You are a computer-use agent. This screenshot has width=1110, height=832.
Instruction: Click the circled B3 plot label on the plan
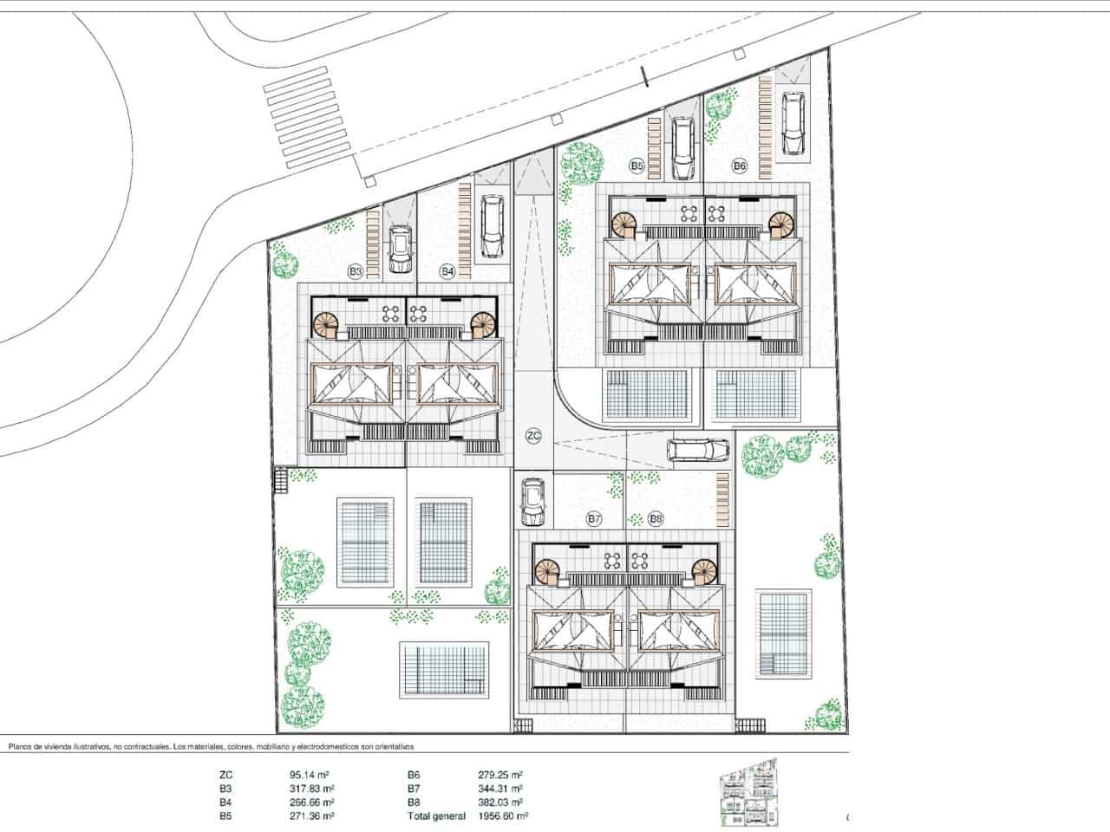click(x=355, y=271)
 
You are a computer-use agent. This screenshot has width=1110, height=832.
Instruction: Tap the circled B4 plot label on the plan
click(x=447, y=271)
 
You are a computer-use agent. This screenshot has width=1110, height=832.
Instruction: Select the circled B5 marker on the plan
click(x=637, y=164)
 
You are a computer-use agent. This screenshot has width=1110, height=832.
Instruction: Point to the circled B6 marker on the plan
click(x=740, y=164)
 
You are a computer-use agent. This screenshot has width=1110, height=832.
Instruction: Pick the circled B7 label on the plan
click(x=594, y=519)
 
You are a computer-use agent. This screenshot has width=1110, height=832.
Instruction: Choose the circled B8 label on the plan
click(x=656, y=519)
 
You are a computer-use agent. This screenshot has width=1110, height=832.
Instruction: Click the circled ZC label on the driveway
click(x=533, y=436)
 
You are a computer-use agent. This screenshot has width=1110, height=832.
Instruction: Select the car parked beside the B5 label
click(x=682, y=148)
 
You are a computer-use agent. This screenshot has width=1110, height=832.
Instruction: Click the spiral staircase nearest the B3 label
click(x=328, y=325)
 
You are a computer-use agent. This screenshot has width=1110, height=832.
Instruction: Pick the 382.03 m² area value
click(x=499, y=803)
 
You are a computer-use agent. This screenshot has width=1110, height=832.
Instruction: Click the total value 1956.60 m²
click(x=503, y=816)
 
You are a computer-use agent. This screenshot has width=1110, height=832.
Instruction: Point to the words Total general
click(x=436, y=816)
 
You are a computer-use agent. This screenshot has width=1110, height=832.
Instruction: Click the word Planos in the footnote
click(x=22, y=746)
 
